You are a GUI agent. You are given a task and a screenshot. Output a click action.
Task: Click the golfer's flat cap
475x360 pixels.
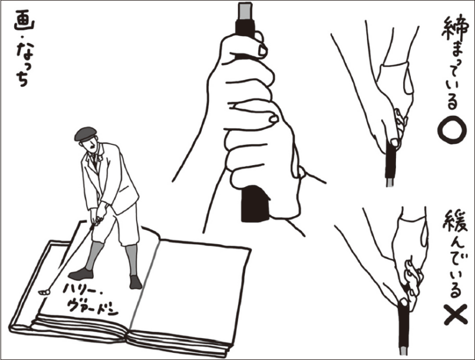(85, 134)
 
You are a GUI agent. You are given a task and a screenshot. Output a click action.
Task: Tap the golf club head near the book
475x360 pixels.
(44, 292)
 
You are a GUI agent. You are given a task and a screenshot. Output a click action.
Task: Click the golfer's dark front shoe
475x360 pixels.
(81, 274)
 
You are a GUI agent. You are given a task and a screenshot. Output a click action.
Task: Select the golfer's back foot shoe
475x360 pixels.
(135, 282)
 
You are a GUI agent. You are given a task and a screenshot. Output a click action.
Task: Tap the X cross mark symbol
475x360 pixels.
(455, 315)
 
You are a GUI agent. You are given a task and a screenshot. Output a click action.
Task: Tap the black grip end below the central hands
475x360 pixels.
(255, 203)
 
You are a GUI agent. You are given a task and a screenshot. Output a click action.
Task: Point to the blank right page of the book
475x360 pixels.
(189, 291)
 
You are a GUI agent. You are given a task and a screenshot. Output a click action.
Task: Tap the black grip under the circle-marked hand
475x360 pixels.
(391, 161)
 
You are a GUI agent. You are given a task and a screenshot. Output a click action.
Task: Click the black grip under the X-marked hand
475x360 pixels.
(403, 325)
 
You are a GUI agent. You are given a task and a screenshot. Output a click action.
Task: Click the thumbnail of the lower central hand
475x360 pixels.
(274, 119)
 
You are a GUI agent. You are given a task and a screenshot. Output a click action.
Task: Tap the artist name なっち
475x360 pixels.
(22, 64)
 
